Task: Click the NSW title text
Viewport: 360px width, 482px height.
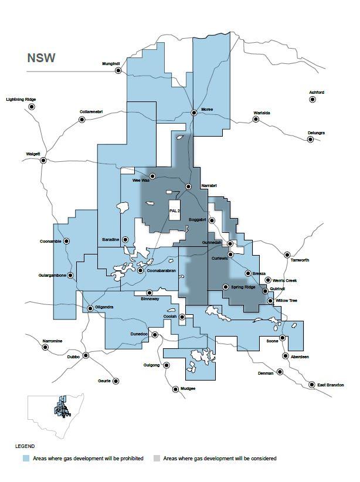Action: coord(41,59)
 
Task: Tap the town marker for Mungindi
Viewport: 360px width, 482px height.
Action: coord(118,70)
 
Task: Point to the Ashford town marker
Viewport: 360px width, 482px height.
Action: coord(313,100)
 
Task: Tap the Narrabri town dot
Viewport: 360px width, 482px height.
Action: coord(188,186)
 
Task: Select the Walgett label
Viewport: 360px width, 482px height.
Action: coord(33,154)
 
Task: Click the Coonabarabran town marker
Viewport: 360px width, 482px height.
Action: coord(140,270)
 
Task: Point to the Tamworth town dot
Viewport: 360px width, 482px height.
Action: coord(287,254)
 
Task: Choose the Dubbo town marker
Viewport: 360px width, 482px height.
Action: coord(86,355)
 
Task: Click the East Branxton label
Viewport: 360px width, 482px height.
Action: coord(330,385)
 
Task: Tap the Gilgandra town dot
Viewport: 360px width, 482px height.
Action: coord(90,308)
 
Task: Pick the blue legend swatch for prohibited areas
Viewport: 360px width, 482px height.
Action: coord(26,459)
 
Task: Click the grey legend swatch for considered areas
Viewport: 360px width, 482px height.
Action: coord(157,459)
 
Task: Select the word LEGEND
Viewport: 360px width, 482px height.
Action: coord(25,446)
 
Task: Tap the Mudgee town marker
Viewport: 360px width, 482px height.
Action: coord(175,389)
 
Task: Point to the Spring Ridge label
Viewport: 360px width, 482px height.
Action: coord(242,287)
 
